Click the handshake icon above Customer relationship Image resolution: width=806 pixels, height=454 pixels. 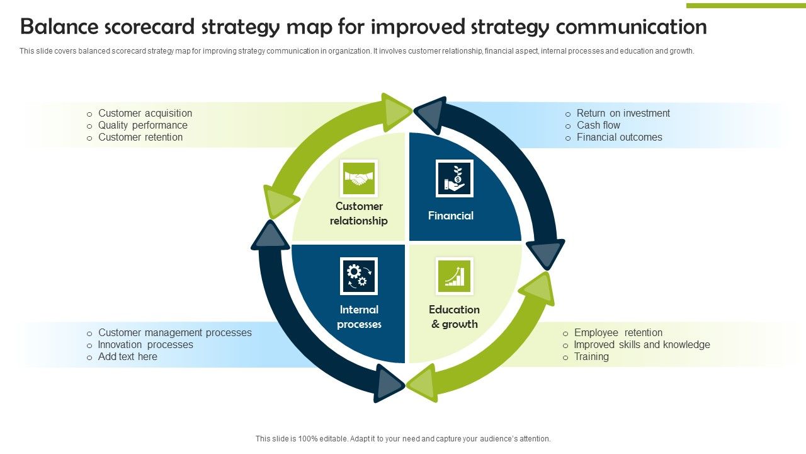point(359,178)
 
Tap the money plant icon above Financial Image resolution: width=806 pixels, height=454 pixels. point(454,178)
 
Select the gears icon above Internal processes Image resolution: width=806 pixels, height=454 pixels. point(358,276)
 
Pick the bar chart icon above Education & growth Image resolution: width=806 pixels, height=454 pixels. point(454,276)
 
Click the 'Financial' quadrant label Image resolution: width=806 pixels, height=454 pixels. point(451,216)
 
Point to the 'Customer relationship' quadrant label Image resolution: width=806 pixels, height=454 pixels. point(359,214)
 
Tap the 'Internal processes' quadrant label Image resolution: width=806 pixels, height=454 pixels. point(359,317)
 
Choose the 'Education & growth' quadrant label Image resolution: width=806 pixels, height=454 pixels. point(454,317)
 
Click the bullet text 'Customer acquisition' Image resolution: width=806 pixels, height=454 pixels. point(145,113)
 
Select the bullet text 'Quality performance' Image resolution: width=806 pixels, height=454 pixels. point(142,125)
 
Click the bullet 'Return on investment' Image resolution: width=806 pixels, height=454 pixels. point(623,113)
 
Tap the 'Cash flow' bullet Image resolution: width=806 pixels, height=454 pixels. point(598,125)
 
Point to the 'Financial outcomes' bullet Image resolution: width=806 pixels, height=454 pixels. point(619,137)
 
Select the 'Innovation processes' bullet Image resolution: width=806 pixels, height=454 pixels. point(145,345)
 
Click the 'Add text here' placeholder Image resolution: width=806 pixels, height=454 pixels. point(127,357)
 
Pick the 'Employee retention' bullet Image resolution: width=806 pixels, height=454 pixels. point(618,333)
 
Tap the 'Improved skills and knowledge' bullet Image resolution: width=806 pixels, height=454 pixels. point(642,345)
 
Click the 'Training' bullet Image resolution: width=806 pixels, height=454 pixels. point(591,357)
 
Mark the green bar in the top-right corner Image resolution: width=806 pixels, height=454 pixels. point(746,6)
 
